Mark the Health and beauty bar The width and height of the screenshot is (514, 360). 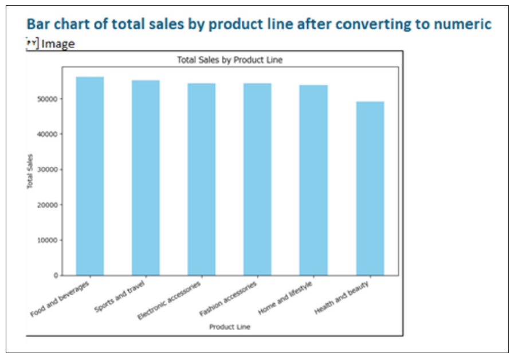coord(370,189)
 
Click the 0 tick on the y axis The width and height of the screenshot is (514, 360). coord(56,276)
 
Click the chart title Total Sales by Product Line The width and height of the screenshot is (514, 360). coord(229,60)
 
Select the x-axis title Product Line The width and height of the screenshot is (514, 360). coord(229,327)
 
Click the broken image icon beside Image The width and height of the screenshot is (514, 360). coord(32,43)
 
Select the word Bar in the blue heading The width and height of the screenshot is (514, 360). coord(38,24)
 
